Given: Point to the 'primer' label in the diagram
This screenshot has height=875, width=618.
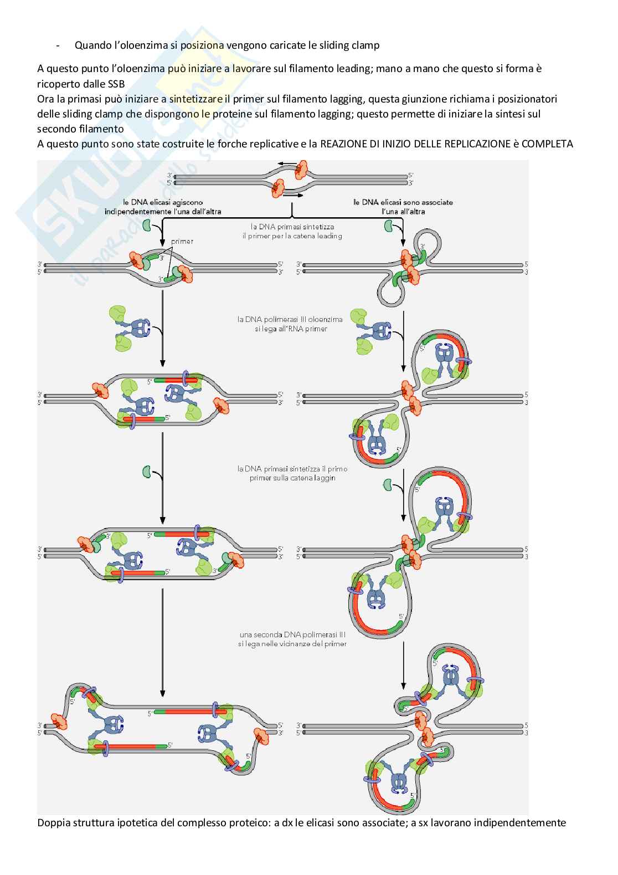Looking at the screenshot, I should tap(182, 242).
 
